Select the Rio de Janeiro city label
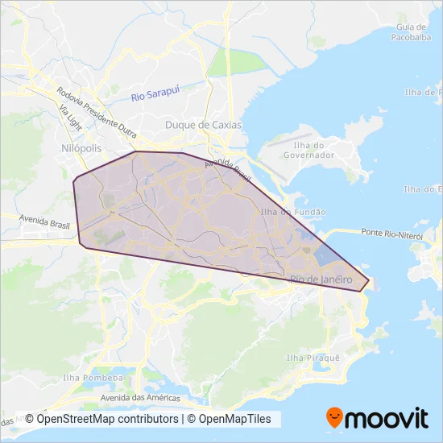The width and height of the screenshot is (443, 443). [x=321, y=278]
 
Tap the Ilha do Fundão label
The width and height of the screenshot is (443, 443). [x=293, y=211]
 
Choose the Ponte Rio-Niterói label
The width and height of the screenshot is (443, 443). [x=393, y=232]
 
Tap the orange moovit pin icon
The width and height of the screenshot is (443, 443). [x=333, y=418]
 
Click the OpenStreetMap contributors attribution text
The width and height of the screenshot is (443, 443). [x=101, y=419]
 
